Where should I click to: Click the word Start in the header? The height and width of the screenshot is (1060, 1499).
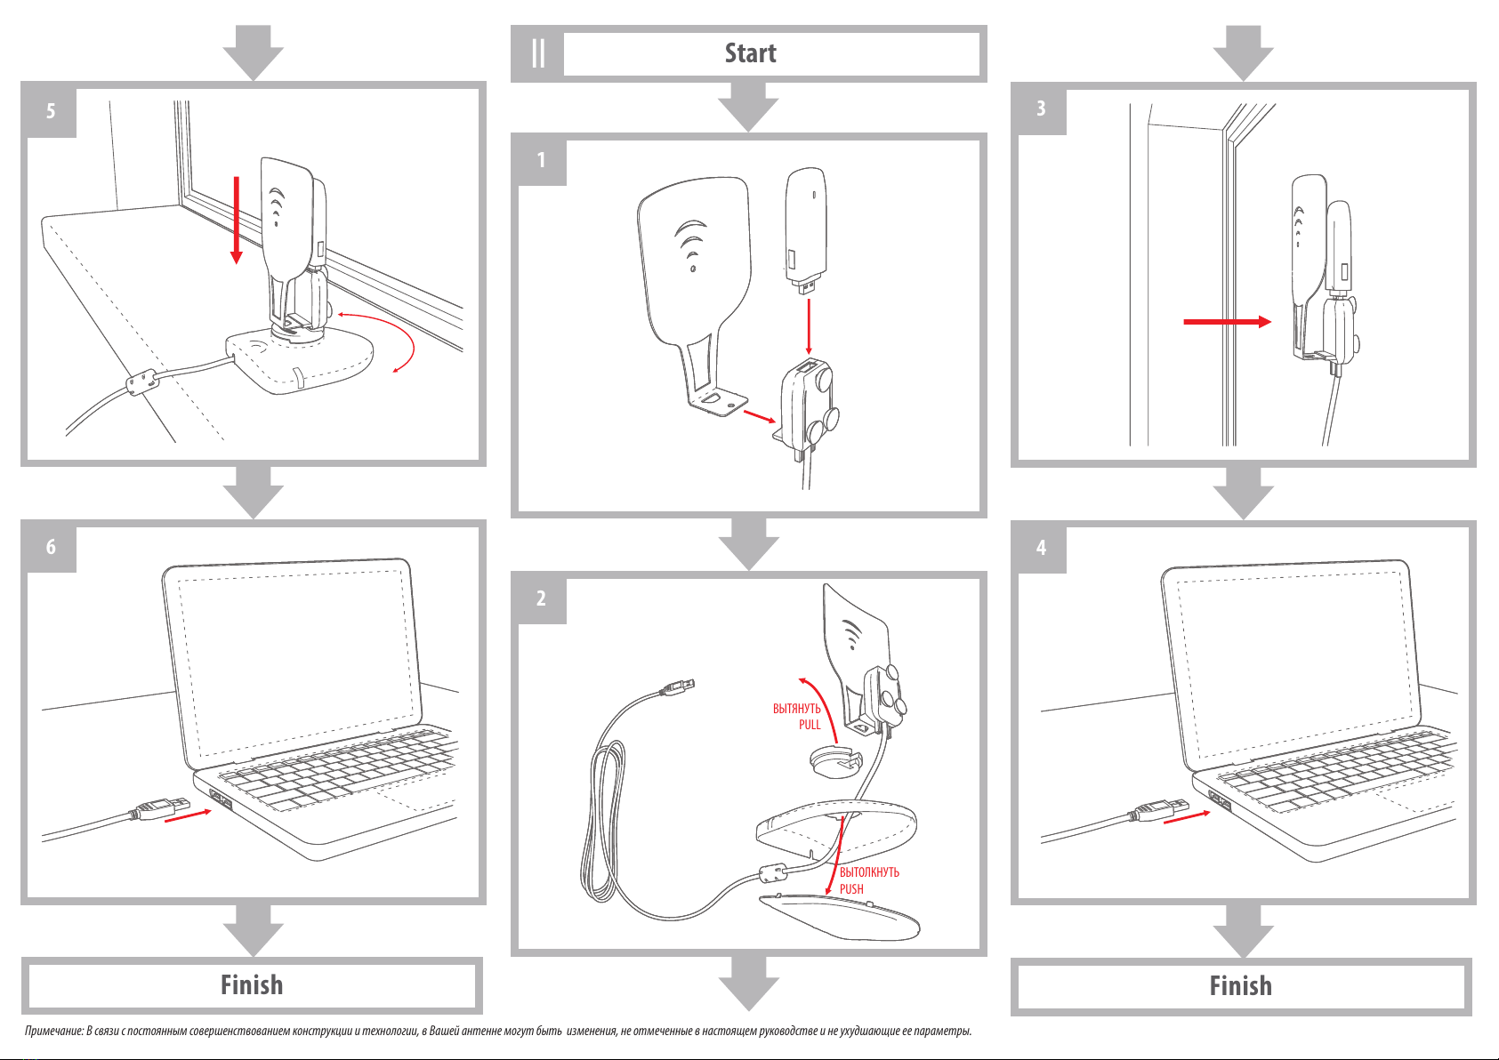pyautogui.click(x=750, y=53)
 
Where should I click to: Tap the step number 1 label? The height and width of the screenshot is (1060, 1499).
pyautogui.click(x=541, y=160)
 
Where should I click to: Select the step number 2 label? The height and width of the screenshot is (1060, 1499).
pyautogui.click(x=541, y=598)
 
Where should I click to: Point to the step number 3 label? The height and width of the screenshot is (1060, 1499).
pyautogui.click(x=1041, y=108)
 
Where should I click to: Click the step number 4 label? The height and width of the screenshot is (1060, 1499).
pyautogui.click(x=1041, y=548)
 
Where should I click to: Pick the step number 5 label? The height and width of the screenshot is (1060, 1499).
pyautogui.click(x=51, y=111)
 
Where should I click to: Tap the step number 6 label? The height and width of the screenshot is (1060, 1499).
pyautogui.click(x=51, y=547)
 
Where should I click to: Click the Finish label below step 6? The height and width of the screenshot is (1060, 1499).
pyautogui.click(x=252, y=985)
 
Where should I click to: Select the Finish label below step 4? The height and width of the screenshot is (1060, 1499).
pyautogui.click(x=1240, y=986)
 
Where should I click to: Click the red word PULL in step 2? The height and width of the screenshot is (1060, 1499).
pyautogui.click(x=810, y=725)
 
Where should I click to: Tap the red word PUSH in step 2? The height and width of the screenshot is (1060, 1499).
pyautogui.click(x=851, y=889)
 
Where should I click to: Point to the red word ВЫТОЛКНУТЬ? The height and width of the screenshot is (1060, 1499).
pyautogui.click(x=869, y=872)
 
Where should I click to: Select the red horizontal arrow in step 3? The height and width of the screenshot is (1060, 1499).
pyautogui.click(x=1227, y=322)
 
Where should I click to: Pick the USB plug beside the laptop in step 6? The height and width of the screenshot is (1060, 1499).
pyautogui.click(x=160, y=808)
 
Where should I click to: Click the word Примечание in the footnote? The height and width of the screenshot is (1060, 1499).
pyautogui.click(x=54, y=1032)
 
